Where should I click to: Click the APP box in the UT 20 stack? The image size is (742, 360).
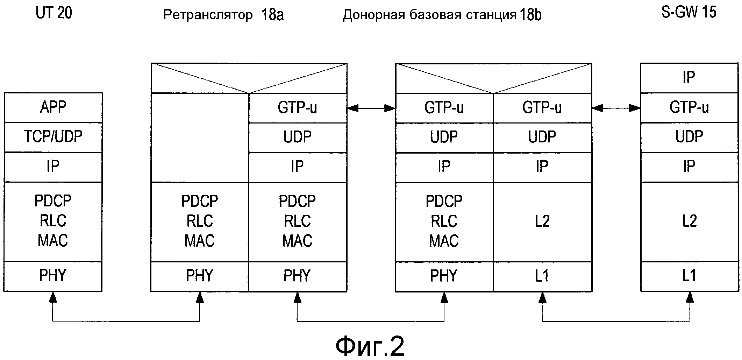click(53, 107)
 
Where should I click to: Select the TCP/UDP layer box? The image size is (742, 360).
click(53, 137)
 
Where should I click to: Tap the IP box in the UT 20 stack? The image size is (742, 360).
click(53, 167)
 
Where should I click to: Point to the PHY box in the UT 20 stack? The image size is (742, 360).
click(53, 276)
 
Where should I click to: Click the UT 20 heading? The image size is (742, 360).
click(54, 13)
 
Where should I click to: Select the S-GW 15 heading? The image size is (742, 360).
click(689, 13)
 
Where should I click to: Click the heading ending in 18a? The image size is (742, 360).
click(223, 15)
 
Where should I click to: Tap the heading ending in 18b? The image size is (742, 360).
click(442, 15)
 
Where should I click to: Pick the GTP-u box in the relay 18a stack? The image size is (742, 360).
click(297, 108)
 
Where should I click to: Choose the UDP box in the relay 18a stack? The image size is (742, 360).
click(297, 137)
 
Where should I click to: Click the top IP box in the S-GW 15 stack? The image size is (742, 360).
click(689, 78)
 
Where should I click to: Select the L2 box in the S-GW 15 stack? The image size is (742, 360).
click(689, 221)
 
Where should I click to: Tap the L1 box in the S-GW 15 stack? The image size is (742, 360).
click(689, 276)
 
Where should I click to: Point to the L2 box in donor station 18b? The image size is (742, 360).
click(542, 221)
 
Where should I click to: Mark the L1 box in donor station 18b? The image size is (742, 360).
click(542, 276)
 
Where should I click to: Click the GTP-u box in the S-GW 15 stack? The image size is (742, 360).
click(689, 107)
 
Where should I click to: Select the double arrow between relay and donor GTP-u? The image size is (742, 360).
click(371, 108)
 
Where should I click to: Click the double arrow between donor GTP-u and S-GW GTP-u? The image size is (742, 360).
click(616, 108)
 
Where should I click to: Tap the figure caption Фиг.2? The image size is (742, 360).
click(370, 346)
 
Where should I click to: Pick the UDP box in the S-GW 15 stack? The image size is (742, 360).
click(689, 137)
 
